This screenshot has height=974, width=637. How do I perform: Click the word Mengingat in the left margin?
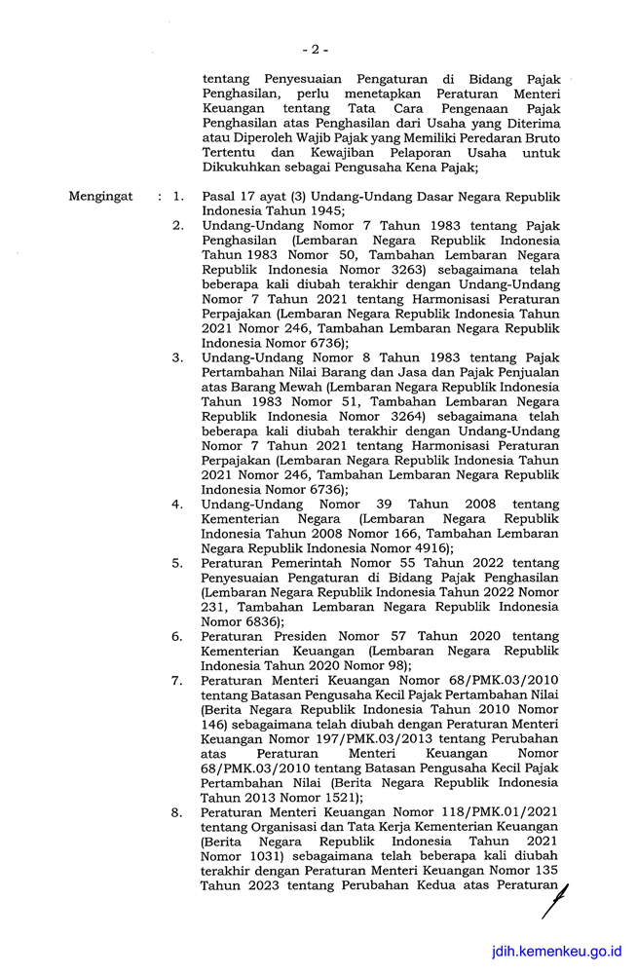[101, 196]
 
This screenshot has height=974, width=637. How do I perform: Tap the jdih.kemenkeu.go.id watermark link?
[555, 952]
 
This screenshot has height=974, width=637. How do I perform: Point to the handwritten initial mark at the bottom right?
[556, 899]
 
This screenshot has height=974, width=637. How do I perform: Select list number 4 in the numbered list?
[177, 505]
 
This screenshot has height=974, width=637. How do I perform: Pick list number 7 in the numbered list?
[177, 680]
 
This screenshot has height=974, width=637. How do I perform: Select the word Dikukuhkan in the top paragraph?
[244, 167]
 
